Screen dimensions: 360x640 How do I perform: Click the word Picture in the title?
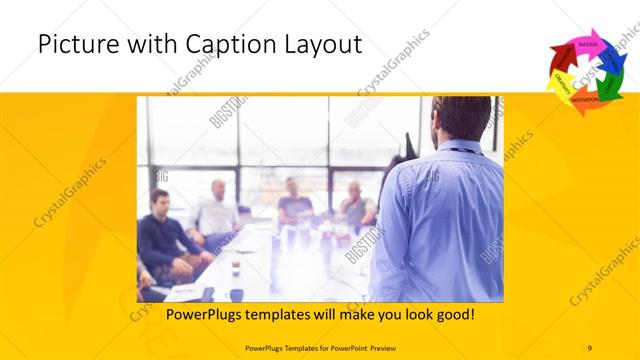click(x=73, y=45)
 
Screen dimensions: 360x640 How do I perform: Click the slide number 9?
click(x=589, y=347)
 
